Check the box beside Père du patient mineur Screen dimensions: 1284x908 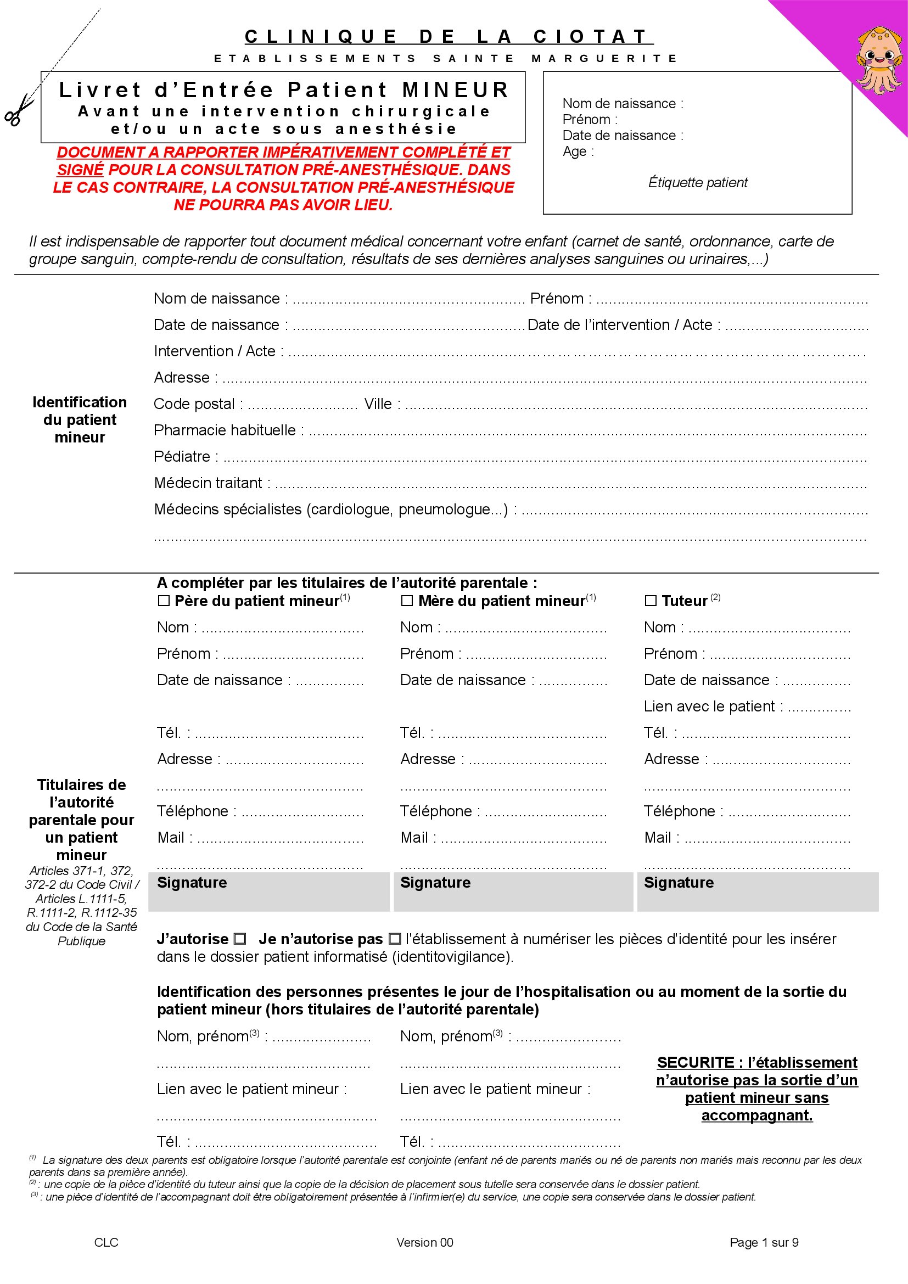tap(163, 601)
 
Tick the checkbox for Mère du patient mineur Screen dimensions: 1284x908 tap(407, 601)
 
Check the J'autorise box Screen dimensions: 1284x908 tap(240, 939)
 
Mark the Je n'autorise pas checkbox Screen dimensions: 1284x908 tap(395, 939)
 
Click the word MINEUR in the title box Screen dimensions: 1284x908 tap(455, 90)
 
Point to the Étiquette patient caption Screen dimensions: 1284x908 tap(697, 182)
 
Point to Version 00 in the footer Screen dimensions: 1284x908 tap(424, 1243)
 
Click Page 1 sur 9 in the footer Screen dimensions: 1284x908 tap(764, 1243)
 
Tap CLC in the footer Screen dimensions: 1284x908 tap(107, 1243)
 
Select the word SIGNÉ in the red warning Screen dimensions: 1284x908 tap(80, 170)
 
